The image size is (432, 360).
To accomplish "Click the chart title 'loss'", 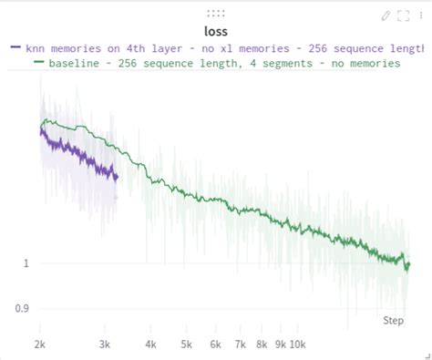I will [x=216, y=31].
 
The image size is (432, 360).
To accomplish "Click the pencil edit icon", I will [x=386, y=15].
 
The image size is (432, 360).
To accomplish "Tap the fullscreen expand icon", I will [x=403, y=15].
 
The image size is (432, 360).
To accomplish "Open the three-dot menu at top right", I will [x=420, y=15].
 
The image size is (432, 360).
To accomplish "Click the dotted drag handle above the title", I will [x=216, y=14].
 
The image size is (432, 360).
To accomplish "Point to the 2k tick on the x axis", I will [x=40, y=345].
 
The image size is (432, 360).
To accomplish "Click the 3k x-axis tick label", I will [x=105, y=345].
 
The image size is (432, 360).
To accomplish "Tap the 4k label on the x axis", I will [x=151, y=345].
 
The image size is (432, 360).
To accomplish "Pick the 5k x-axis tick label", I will [x=187, y=345].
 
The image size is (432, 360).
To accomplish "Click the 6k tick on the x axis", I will [x=216, y=345].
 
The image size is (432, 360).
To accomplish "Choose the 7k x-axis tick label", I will [x=241, y=345].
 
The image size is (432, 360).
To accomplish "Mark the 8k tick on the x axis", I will [x=262, y=345].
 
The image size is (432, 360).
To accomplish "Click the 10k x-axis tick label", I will [x=298, y=345].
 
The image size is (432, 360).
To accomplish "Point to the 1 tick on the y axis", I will [x=26, y=263].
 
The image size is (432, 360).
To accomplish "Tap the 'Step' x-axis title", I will [x=393, y=321].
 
